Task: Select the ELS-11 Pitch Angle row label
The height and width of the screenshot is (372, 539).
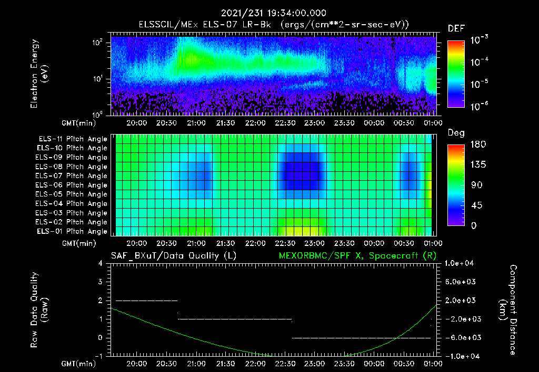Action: pos(72,139)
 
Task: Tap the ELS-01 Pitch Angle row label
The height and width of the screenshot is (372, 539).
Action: pos(72,231)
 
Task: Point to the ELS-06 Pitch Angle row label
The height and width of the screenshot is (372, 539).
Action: pos(72,185)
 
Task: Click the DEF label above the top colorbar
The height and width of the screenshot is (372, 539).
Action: pos(456,28)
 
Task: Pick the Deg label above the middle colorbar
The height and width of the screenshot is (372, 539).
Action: pos(456,133)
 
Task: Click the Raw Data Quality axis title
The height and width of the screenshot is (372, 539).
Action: pos(40,310)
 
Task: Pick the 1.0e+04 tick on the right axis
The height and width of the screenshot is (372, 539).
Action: pos(461,263)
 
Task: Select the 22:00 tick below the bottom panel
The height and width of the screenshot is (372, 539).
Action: pos(255,364)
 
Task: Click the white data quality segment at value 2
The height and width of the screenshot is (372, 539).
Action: pos(147,301)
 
